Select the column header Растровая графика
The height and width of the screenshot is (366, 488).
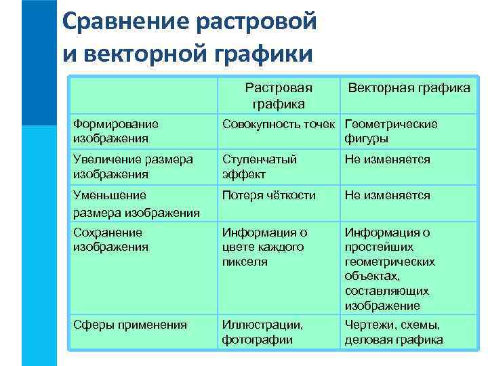(x=279, y=96)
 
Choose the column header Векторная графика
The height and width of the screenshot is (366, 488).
(x=409, y=88)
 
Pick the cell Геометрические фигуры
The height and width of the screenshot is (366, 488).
(x=391, y=131)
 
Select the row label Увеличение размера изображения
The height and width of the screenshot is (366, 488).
(x=132, y=167)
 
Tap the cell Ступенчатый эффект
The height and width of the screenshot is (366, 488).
(x=260, y=167)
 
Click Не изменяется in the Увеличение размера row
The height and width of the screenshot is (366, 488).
(x=387, y=160)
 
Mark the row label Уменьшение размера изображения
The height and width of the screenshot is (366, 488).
(x=136, y=203)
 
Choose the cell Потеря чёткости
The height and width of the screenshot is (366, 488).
(x=269, y=196)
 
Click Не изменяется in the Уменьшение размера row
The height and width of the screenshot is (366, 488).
(x=387, y=196)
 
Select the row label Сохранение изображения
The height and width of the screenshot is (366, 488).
(x=110, y=239)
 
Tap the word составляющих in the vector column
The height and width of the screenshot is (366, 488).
(x=386, y=291)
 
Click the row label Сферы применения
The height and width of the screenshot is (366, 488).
(x=129, y=325)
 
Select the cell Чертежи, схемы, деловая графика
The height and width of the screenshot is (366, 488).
(x=393, y=332)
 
